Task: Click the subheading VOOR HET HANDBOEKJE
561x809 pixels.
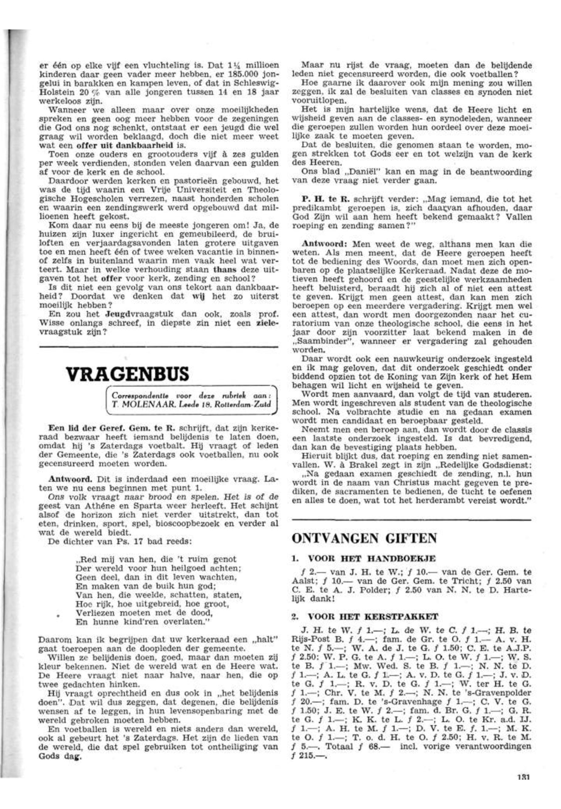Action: [x=372, y=558]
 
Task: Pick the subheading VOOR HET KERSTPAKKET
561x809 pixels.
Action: [x=372, y=617]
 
